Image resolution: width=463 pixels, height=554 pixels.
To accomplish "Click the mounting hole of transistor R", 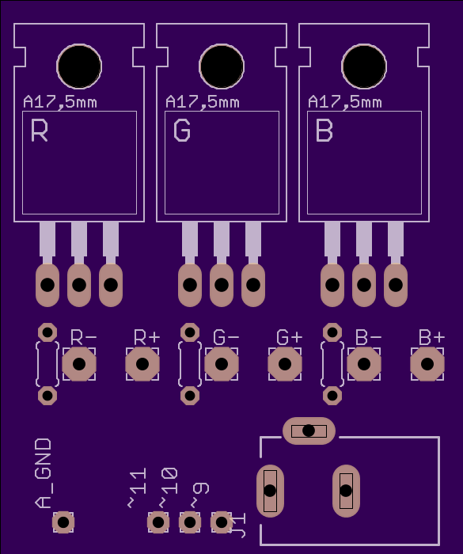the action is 79,66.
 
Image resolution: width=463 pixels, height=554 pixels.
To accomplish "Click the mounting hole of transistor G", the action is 222,66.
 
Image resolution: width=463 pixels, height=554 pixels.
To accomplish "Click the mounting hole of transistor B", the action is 364,66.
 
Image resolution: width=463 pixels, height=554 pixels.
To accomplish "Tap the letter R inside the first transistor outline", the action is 40,131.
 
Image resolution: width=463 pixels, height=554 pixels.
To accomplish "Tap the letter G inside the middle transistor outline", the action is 182,131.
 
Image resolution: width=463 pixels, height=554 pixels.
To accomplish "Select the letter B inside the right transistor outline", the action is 324,131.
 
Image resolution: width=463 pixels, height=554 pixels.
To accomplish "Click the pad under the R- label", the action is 79,364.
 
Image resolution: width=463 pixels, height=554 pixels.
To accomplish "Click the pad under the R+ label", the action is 142,364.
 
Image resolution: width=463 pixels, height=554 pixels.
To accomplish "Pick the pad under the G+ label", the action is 285,364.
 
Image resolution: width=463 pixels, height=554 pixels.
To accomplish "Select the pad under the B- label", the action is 364,364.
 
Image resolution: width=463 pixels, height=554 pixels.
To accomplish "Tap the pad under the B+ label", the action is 427,364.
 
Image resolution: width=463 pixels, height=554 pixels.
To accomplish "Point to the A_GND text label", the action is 44,473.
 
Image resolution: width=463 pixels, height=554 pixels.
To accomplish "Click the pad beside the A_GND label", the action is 63,522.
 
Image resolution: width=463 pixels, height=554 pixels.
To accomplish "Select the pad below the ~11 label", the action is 158,522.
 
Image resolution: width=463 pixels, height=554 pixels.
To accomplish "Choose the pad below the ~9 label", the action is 222,522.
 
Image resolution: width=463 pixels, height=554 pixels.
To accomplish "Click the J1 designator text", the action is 238,526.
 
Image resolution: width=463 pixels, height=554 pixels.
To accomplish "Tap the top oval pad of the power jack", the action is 309,431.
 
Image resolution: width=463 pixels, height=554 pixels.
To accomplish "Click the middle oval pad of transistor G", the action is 222,285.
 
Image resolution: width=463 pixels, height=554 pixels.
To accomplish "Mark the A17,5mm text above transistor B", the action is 344,102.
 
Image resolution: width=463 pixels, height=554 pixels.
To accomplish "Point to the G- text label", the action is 226,337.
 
